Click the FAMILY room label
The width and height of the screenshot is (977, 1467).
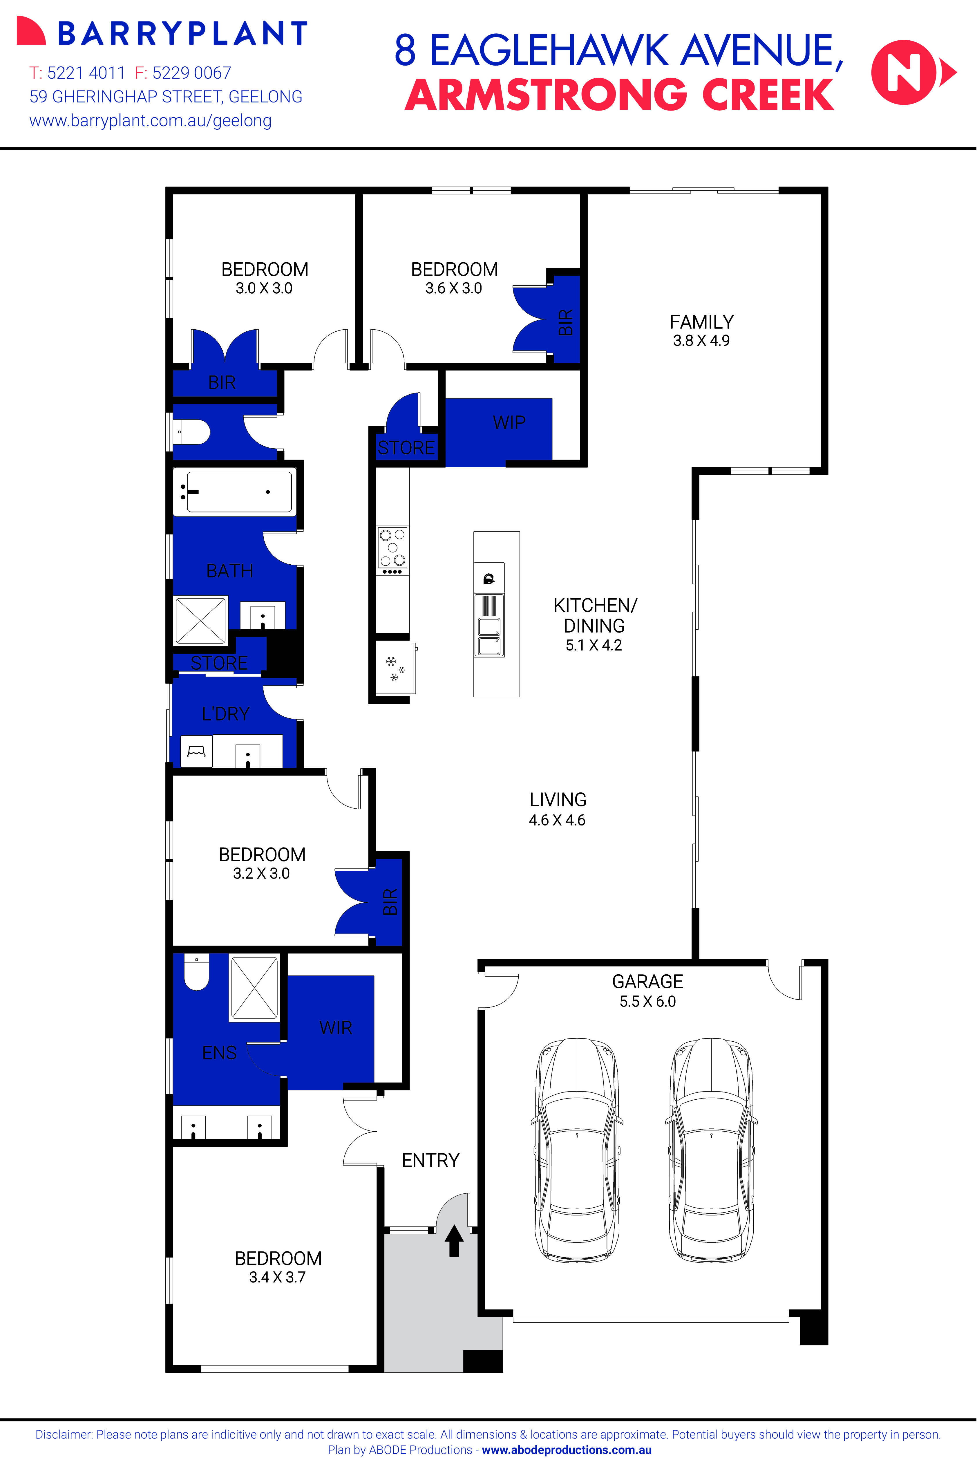(x=702, y=322)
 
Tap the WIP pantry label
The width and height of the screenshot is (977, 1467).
(x=509, y=422)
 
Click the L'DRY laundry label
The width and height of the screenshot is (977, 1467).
(x=226, y=713)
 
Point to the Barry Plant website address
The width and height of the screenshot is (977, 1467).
(x=151, y=121)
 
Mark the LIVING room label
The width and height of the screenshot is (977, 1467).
(x=558, y=800)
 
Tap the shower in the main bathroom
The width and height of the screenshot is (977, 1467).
(x=201, y=621)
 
